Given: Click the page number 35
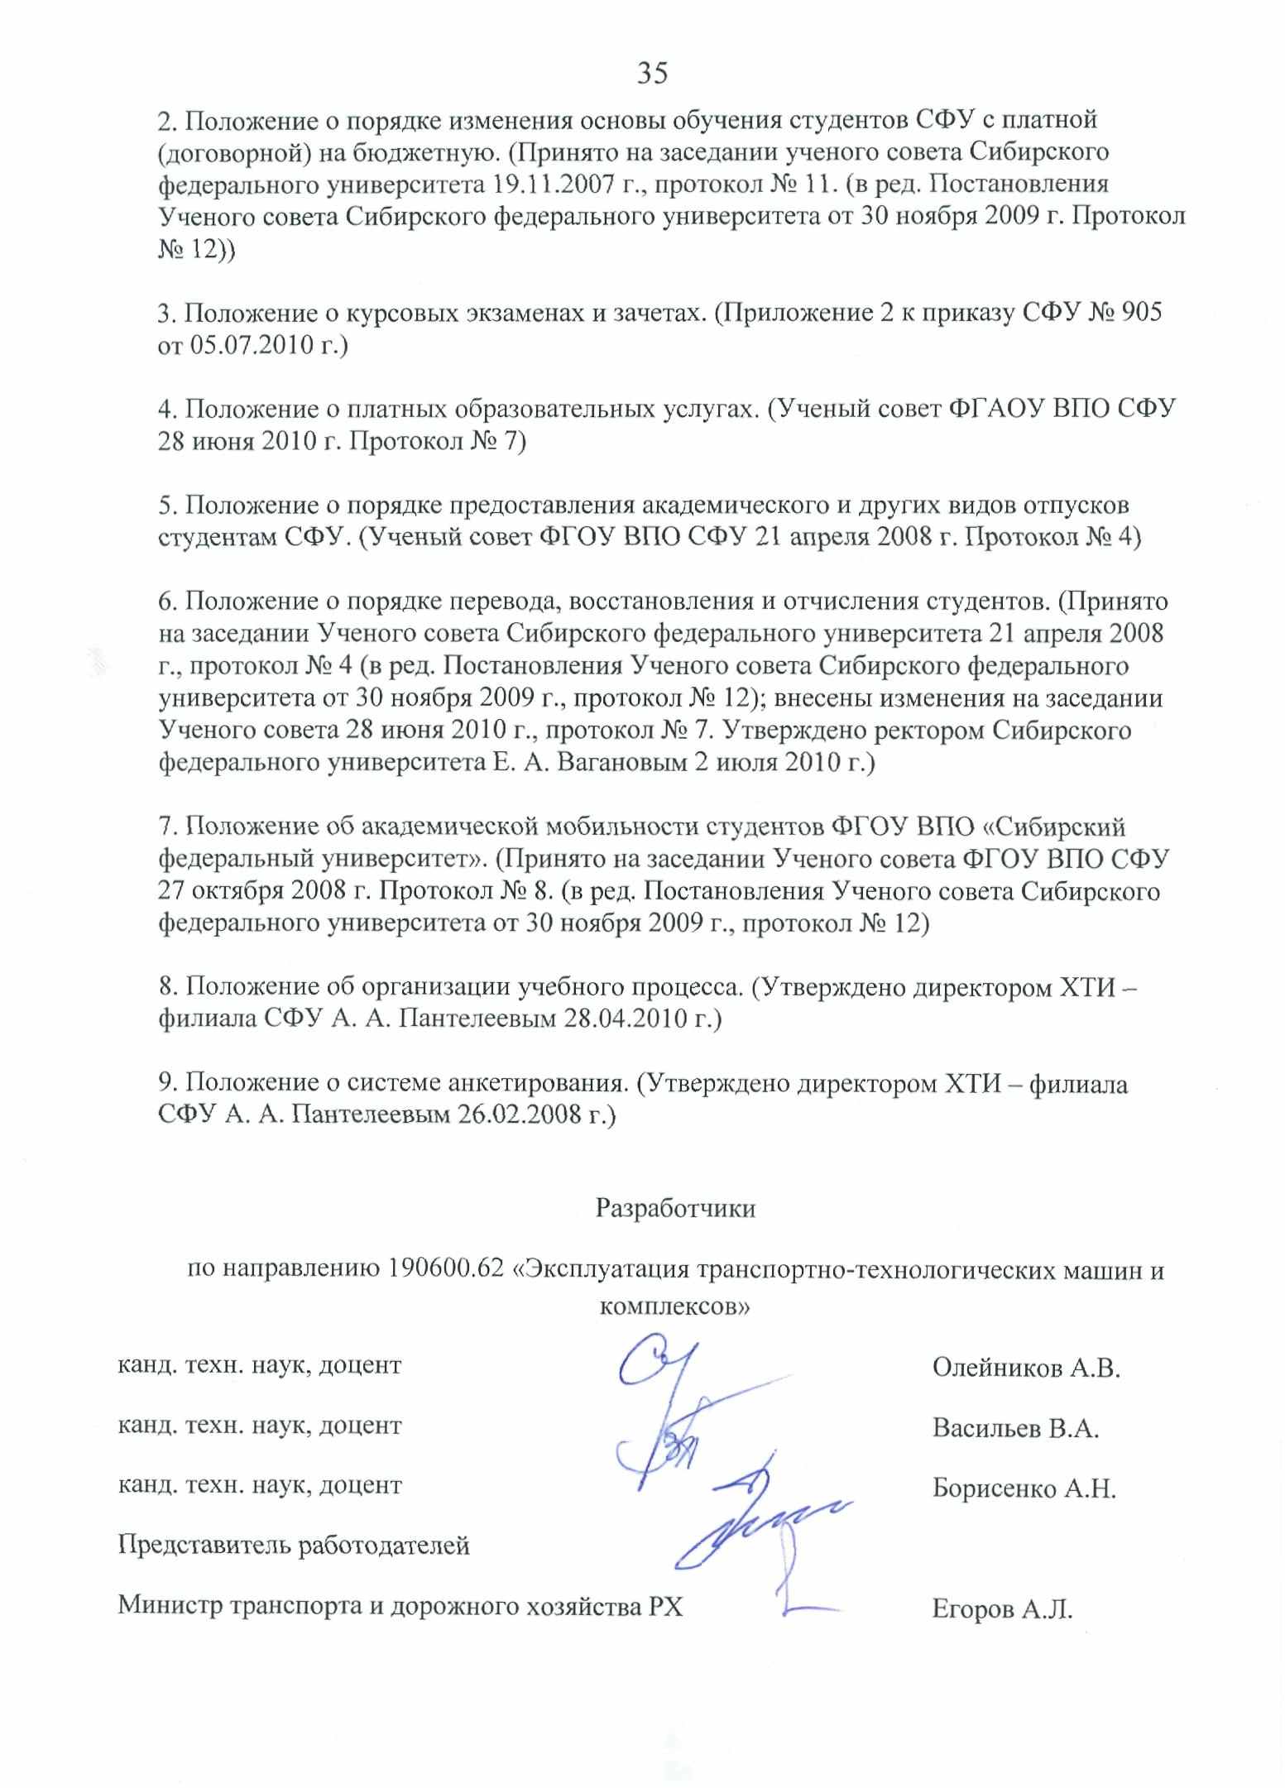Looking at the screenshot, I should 652,74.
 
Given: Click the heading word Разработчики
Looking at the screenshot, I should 675,1209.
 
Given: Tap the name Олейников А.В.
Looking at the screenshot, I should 1025,1369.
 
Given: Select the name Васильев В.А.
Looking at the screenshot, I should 1015,1429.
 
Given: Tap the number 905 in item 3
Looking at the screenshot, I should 1139,314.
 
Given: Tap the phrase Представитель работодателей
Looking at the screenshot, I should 294,1546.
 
